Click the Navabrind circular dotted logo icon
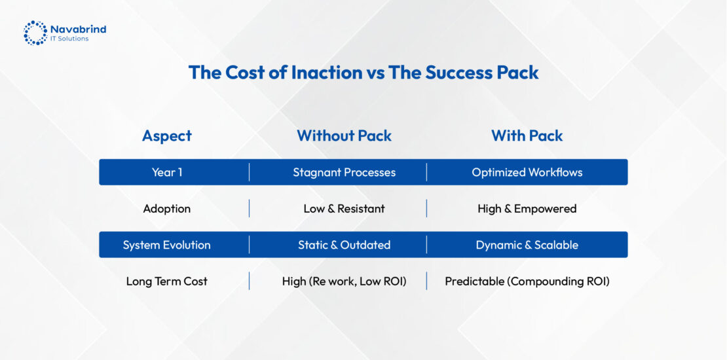pyautogui.click(x=35, y=33)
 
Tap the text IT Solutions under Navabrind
pyautogui.click(x=69, y=39)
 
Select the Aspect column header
pyautogui.click(x=167, y=135)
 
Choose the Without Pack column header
pyautogui.click(x=344, y=135)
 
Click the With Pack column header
pyautogui.click(x=527, y=135)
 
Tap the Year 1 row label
pyautogui.click(x=167, y=172)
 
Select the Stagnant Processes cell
pyautogui.click(x=344, y=172)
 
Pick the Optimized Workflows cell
pyautogui.click(x=527, y=172)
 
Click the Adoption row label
pyautogui.click(x=167, y=209)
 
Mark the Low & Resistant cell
pyautogui.click(x=344, y=209)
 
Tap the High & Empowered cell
pyautogui.click(x=527, y=209)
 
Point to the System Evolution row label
pyautogui.click(x=167, y=245)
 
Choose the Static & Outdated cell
pyautogui.click(x=344, y=245)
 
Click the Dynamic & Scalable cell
pyautogui.click(x=527, y=245)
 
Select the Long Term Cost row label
pyautogui.click(x=167, y=281)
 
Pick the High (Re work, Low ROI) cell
pyautogui.click(x=344, y=281)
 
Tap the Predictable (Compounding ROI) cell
pyautogui.click(x=527, y=281)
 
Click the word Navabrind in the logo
pyautogui.click(x=79, y=29)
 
